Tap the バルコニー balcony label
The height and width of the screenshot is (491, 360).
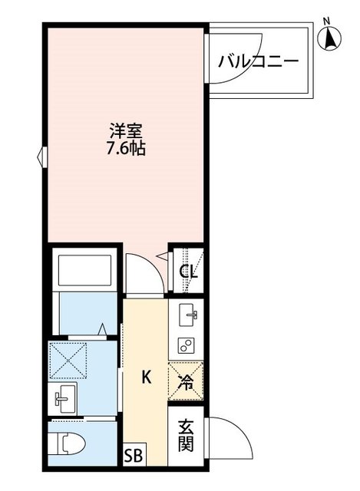click(x=258, y=61)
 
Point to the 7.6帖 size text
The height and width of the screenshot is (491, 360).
click(x=126, y=148)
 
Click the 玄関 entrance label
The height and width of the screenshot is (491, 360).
click(x=186, y=435)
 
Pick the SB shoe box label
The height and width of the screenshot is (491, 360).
click(x=133, y=455)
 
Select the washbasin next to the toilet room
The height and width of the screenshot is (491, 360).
click(x=64, y=398)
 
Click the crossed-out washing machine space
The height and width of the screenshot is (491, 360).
click(x=68, y=358)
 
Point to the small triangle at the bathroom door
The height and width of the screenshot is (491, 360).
click(x=102, y=329)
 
